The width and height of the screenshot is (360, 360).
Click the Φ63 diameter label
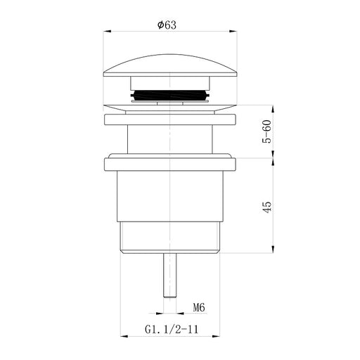(167, 25)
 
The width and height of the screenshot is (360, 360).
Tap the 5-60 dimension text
(267, 131)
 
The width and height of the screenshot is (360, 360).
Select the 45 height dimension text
(267, 207)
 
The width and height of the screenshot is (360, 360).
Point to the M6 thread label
(199, 307)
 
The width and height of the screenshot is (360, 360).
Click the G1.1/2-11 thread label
(172, 329)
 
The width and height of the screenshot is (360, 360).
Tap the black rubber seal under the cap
(170, 96)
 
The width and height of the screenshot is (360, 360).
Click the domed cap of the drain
(170, 65)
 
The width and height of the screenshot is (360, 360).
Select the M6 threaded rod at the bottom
(170, 276)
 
